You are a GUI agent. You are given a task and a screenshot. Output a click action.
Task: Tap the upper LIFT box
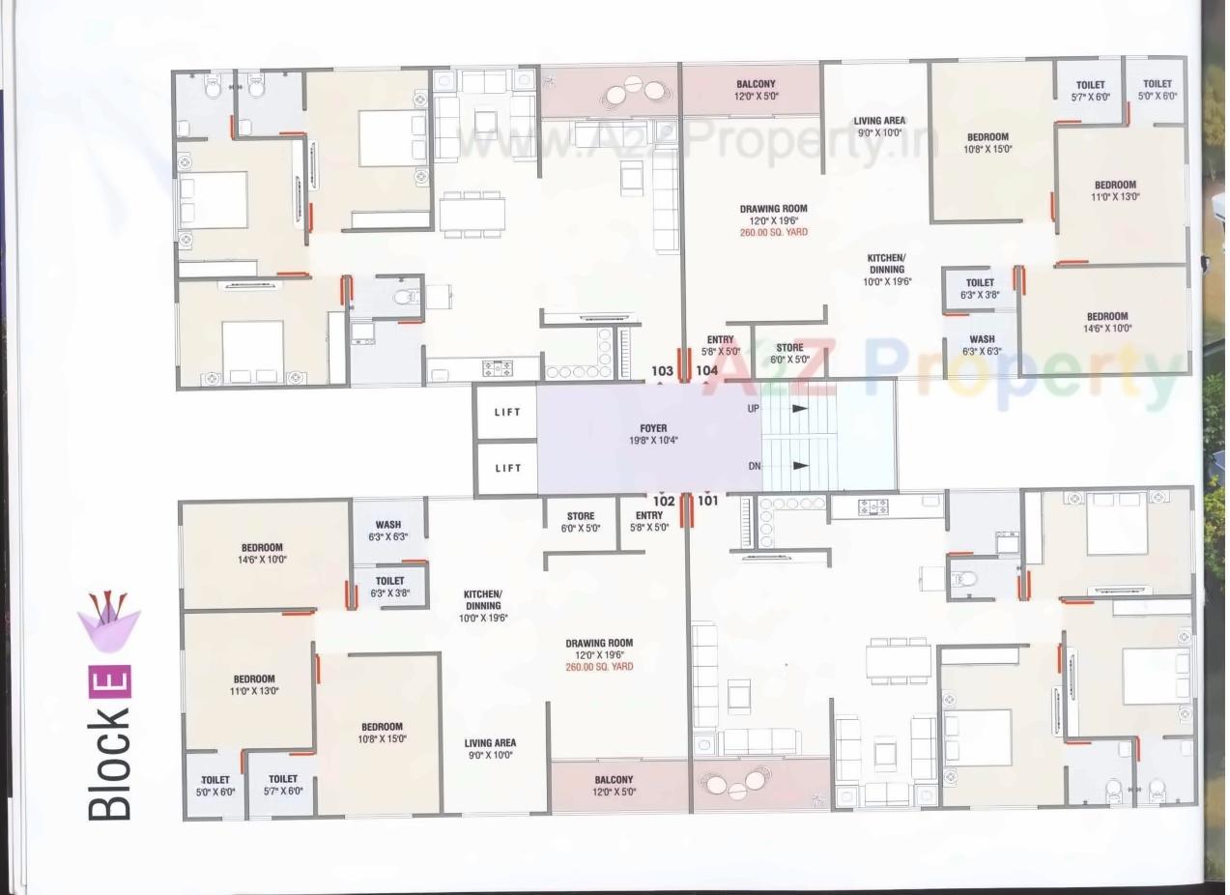point(507,412)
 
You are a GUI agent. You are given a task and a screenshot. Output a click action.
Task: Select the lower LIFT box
point(507,468)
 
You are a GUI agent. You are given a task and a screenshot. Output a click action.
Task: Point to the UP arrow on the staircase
point(799,408)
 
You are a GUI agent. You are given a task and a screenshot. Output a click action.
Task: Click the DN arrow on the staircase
point(799,465)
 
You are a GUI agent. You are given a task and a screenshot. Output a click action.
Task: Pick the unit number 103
point(662,370)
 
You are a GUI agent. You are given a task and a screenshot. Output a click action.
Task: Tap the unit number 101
point(707,501)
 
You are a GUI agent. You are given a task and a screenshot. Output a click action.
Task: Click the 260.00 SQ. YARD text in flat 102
point(599,667)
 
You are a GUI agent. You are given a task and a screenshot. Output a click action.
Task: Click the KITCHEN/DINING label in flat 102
point(482,605)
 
